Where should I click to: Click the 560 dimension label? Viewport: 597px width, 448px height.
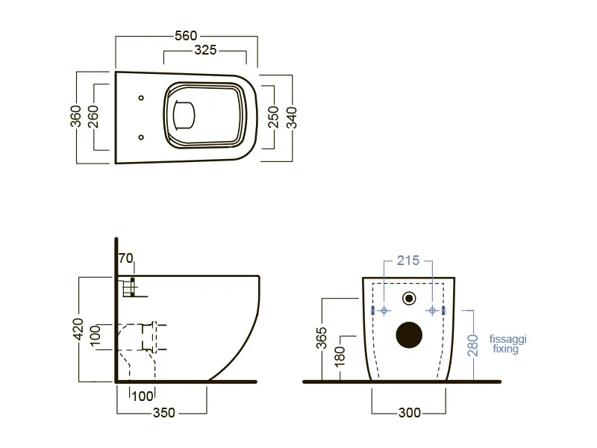186,35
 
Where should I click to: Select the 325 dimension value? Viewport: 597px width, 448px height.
205,50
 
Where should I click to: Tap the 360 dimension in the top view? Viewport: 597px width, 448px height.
76,116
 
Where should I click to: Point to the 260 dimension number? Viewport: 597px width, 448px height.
93,116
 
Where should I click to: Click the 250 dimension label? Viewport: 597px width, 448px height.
273,117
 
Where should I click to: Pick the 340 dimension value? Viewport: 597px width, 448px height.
291,118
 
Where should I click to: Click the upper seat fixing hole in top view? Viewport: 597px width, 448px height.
141,98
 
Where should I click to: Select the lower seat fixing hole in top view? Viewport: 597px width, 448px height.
141,137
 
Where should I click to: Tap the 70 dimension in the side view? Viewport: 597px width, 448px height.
125,258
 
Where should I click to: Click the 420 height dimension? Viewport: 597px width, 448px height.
78,329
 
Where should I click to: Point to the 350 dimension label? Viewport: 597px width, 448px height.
163,413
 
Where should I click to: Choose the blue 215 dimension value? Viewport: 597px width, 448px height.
408,261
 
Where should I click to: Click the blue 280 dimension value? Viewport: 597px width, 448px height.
472,346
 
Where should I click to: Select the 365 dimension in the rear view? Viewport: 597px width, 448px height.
322,338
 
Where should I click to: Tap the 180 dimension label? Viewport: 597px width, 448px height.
340,357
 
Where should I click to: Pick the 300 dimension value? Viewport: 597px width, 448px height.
410,413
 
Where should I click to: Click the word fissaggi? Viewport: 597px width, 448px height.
508,339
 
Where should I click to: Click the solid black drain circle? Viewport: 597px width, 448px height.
409,335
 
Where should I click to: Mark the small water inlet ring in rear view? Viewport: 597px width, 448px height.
409,298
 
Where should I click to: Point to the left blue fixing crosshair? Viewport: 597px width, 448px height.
384,311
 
